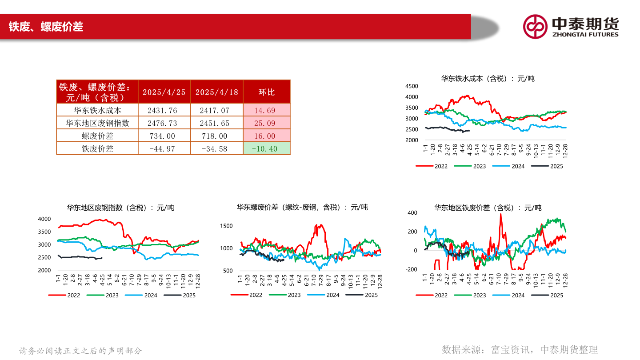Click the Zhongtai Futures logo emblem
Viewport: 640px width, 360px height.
535,27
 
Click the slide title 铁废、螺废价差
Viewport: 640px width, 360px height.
46,27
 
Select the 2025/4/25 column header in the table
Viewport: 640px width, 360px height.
164,92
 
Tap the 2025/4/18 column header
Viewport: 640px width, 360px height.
217,92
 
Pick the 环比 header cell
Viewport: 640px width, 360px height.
267,92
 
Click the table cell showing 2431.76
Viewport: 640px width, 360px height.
164,110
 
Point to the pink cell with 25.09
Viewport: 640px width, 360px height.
267,123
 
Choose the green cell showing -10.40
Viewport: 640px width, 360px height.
267,148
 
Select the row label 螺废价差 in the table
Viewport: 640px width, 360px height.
97,136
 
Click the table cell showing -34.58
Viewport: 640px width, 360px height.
217,148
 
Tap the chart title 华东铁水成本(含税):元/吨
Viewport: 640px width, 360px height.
488,79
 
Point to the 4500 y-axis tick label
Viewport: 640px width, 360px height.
412,86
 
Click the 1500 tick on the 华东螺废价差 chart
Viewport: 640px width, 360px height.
227,226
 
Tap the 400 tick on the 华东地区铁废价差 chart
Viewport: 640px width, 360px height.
412,213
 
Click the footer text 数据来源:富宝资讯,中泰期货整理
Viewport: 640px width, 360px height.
520,350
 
